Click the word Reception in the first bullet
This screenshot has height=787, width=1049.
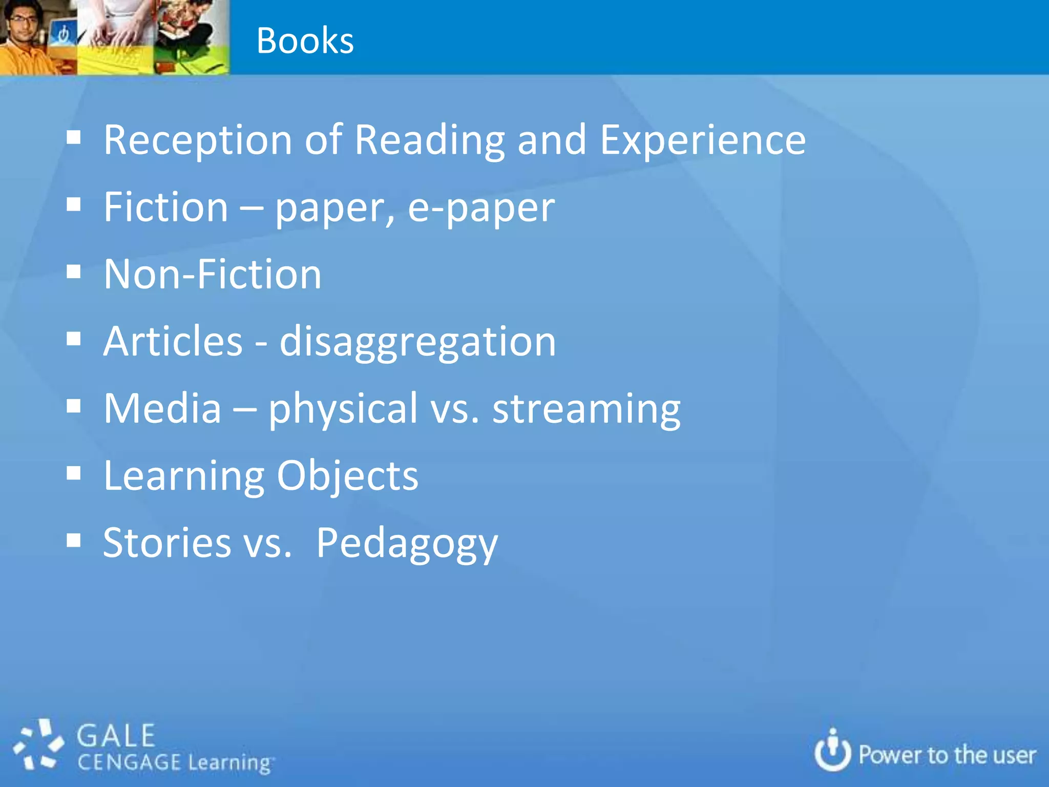click(198, 140)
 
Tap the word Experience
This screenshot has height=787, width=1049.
click(702, 140)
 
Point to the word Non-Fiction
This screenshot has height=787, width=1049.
click(213, 274)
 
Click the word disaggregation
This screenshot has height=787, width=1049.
click(417, 342)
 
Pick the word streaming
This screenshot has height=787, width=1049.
click(586, 409)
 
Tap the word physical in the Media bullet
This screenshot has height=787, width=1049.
click(343, 409)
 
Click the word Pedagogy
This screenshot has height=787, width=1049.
click(407, 544)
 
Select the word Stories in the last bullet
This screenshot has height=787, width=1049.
click(167, 543)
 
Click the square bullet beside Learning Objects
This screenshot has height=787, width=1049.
click(74, 473)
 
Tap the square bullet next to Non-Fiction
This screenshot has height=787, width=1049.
click(74, 272)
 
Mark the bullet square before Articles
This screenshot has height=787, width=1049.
click(74, 339)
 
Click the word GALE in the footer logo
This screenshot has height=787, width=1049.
click(116, 736)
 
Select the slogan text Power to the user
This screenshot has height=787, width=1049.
click(947, 756)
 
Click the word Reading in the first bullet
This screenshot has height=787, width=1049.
click(430, 140)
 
